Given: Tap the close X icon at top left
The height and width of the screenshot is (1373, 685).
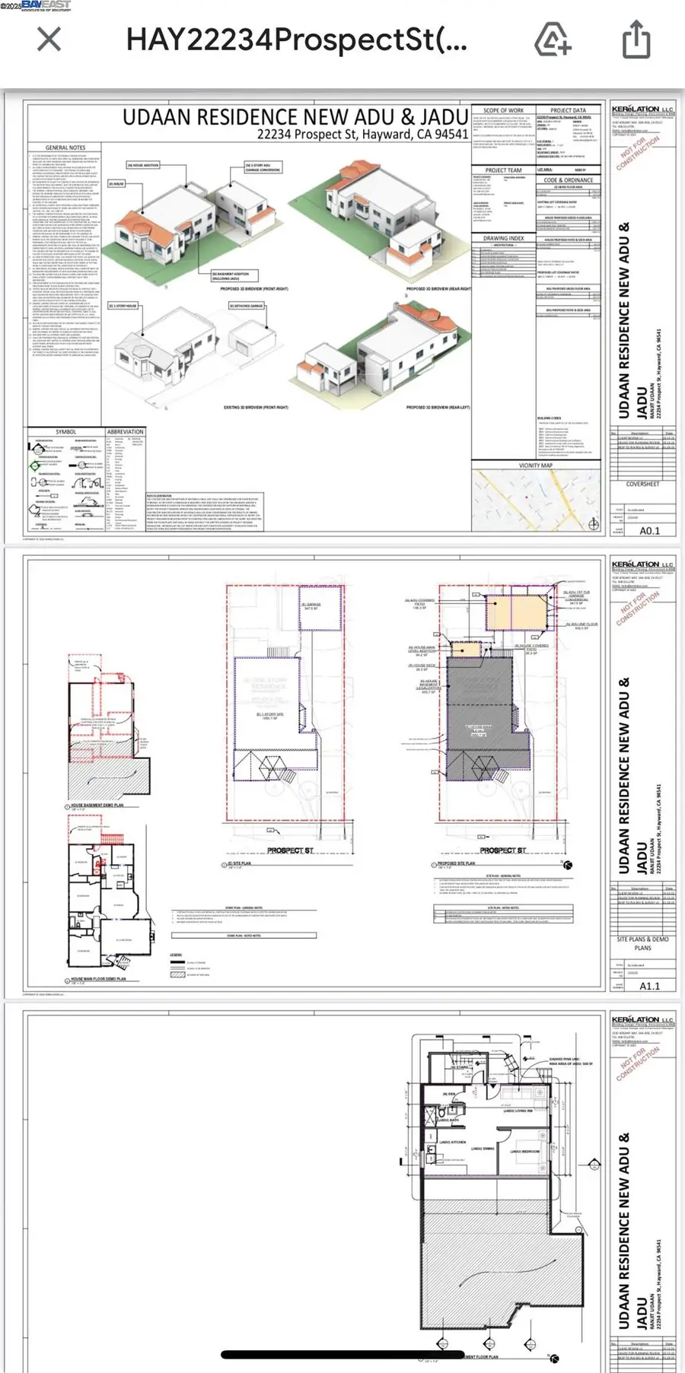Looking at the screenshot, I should [49, 39].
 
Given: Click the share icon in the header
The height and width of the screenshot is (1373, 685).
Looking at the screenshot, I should [636, 39].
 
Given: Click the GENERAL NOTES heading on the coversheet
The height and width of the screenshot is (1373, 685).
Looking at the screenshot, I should [65, 148].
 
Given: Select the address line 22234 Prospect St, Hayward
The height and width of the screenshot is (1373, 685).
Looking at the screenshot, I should [362, 135].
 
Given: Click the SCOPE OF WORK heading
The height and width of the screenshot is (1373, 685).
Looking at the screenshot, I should [503, 110].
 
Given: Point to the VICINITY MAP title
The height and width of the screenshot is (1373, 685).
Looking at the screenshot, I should [535, 465].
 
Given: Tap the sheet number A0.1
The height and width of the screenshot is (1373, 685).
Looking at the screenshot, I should [649, 531].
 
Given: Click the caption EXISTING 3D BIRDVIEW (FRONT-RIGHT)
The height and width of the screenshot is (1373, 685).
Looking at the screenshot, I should [255, 408].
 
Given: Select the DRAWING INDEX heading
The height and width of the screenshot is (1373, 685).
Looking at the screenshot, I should [503, 238].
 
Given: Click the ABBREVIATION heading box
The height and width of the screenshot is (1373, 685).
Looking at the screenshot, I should [125, 431].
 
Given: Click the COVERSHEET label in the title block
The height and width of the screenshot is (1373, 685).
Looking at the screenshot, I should [642, 484].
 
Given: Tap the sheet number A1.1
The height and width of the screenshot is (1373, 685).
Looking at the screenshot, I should [649, 986].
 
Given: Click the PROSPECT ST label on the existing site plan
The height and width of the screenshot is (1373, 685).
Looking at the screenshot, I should [290, 850].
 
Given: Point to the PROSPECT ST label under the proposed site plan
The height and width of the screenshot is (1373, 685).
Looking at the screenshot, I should [502, 850].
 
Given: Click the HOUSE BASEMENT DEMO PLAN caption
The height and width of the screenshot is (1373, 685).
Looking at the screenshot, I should [97, 805].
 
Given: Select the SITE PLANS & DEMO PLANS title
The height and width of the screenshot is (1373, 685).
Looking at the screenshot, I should [642, 943].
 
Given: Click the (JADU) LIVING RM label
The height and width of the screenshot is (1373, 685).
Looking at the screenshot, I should [518, 1111].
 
